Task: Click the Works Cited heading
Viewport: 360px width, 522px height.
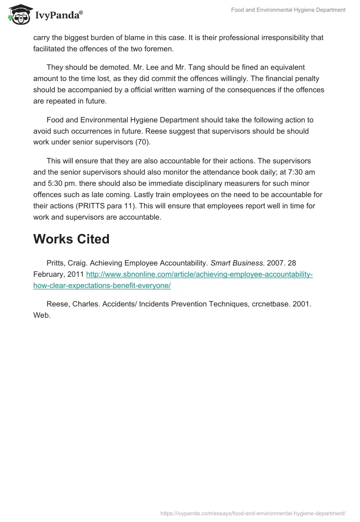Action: click(71, 239)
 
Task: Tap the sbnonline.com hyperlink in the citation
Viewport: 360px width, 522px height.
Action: click(199, 274)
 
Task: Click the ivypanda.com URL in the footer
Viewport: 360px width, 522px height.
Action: click(253, 513)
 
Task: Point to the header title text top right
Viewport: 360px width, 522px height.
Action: click(289, 10)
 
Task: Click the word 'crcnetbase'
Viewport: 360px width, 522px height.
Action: click(263, 304)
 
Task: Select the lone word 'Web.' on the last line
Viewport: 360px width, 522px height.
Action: click(42, 315)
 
